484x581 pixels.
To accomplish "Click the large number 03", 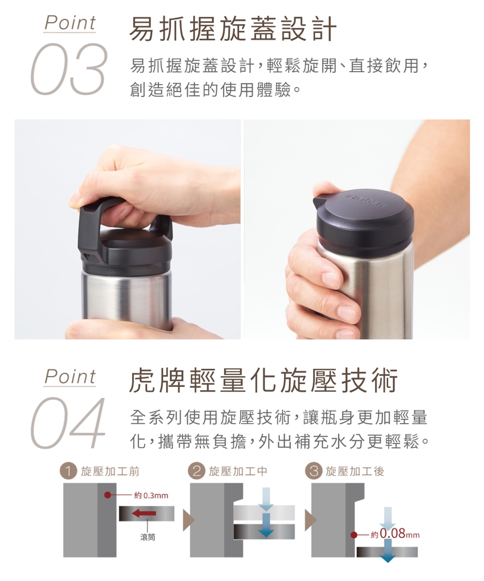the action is click(x=68, y=69).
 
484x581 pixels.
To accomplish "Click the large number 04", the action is click(x=68, y=423).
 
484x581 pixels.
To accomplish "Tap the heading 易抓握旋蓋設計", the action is click(x=233, y=29).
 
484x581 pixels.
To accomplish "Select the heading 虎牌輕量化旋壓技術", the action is click(x=263, y=381).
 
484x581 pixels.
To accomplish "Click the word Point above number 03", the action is click(x=70, y=23).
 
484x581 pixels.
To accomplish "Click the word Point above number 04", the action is click(x=70, y=377).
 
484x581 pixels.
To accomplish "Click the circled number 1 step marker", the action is click(x=68, y=472).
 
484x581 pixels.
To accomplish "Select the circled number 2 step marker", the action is click(x=196, y=472).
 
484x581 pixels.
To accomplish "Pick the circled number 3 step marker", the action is click(x=313, y=472).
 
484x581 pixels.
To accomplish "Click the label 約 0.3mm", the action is click(x=151, y=495).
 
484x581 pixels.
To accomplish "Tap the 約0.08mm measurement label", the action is click(x=395, y=534).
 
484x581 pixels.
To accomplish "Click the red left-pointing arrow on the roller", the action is click(x=144, y=513).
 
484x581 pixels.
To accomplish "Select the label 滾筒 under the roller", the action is click(x=148, y=537).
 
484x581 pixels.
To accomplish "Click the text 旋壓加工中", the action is click(x=238, y=472).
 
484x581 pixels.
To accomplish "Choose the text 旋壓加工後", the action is click(x=355, y=472).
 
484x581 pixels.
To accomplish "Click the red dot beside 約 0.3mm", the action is click(x=107, y=495).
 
